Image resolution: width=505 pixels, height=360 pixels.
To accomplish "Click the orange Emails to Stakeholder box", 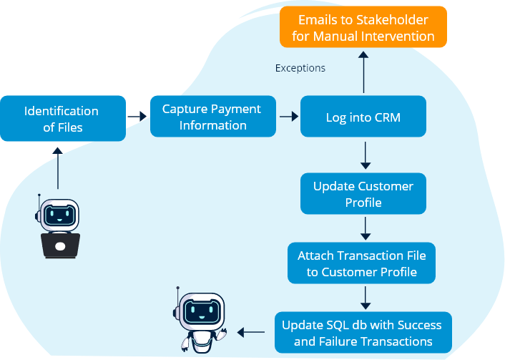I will click(x=363, y=27).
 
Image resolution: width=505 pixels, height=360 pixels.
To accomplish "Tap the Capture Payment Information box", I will click(x=212, y=117).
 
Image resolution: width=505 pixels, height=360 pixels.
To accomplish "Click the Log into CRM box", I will click(x=363, y=117).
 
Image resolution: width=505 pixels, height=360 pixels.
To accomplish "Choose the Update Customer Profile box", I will click(x=363, y=194).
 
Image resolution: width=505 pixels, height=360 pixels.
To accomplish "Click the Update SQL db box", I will click(x=363, y=333).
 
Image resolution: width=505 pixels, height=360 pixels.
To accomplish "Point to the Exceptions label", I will click(x=300, y=69).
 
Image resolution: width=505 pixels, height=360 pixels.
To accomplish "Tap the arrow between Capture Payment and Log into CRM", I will click(x=288, y=115).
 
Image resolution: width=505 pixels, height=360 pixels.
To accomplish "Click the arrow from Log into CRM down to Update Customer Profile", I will click(x=365, y=155).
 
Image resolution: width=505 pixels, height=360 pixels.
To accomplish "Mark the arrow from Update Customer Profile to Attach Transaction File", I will click(x=365, y=228).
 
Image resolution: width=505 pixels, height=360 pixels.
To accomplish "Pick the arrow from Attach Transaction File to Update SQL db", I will click(x=365, y=296).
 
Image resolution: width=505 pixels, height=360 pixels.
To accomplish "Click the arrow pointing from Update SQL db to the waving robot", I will click(x=250, y=332).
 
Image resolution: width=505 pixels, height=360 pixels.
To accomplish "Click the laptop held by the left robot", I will click(x=60, y=245).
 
